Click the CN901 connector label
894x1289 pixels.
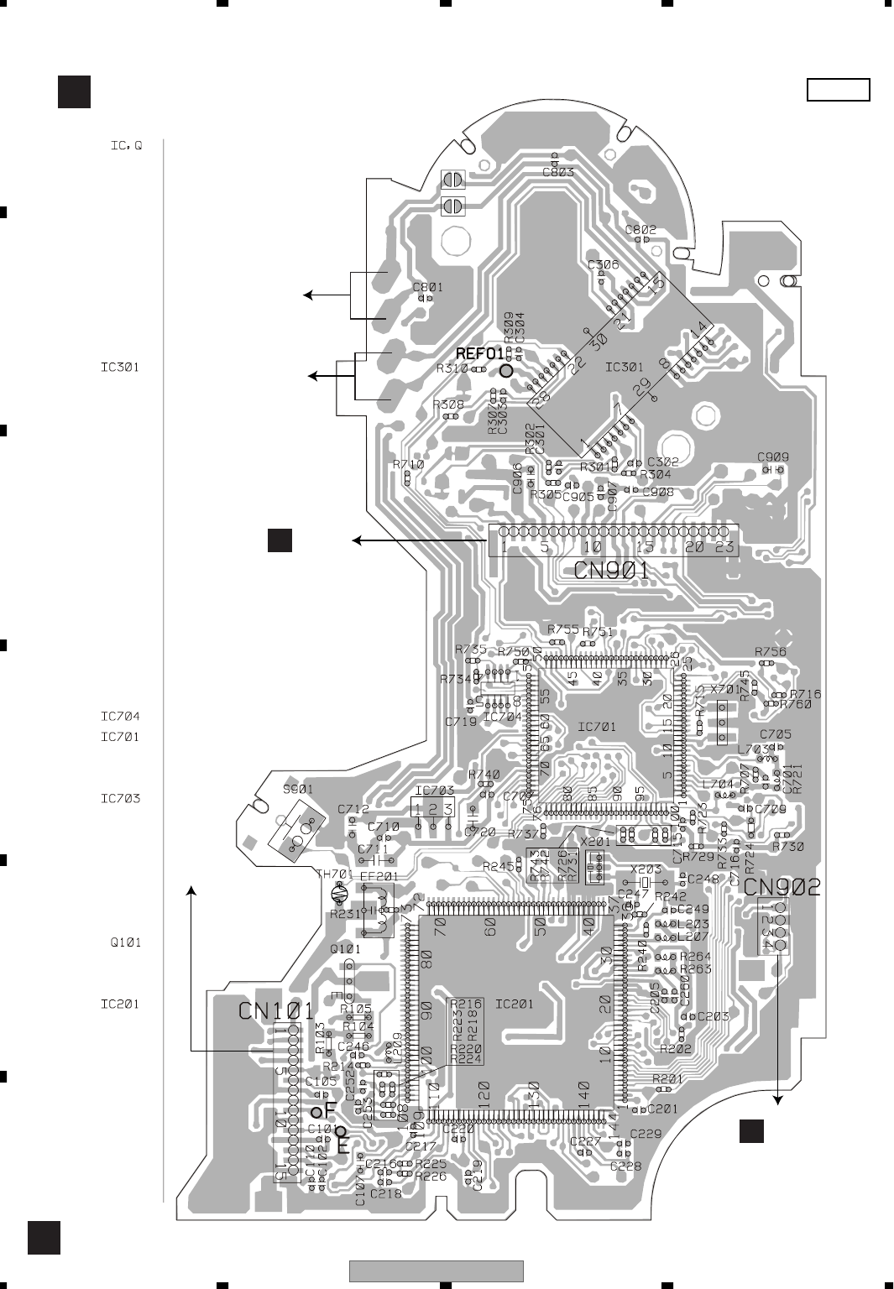click(x=614, y=571)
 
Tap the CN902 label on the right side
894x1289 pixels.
click(x=782, y=887)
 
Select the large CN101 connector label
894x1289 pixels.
click(x=276, y=1010)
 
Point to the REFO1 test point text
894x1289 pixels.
click(x=479, y=353)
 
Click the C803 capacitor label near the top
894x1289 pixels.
click(x=558, y=173)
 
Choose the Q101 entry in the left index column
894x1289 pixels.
click(x=126, y=942)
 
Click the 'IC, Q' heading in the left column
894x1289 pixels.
click(x=126, y=145)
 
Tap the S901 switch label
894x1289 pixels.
click(x=298, y=790)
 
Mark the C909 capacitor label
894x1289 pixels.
click(x=772, y=457)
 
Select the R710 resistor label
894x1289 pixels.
click(x=408, y=464)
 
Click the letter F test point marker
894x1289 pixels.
click(x=330, y=1109)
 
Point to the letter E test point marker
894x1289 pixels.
click(x=343, y=1143)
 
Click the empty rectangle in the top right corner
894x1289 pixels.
click(x=838, y=90)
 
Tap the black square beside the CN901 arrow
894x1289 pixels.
click(x=280, y=540)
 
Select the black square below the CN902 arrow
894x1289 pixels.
click(x=751, y=1131)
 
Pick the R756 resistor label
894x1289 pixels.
click(x=770, y=651)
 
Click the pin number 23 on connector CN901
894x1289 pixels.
click(x=725, y=548)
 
